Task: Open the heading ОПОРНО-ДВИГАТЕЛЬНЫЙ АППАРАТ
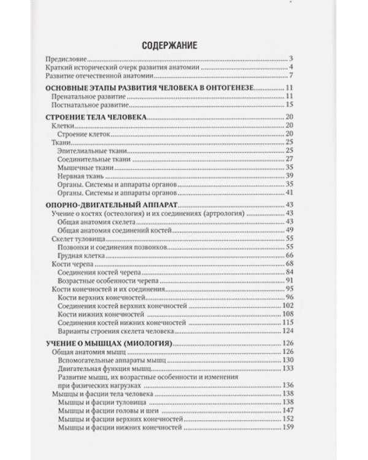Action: [x=103, y=204]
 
